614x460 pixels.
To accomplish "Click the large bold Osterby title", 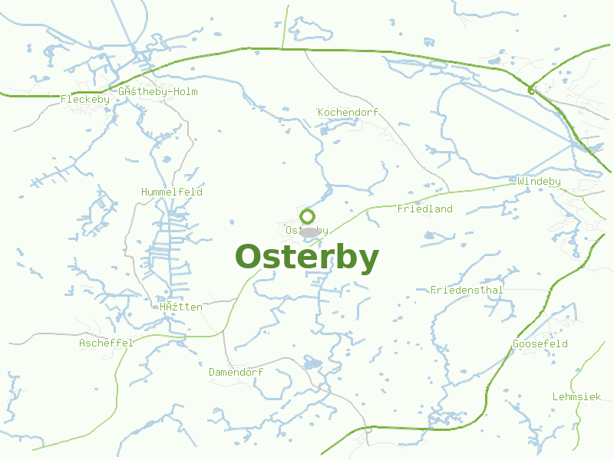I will tap(306, 258).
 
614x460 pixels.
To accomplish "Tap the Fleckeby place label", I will tap(84, 99).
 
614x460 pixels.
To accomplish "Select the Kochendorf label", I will tap(348, 113).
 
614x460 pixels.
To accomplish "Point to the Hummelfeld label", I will tap(171, 192).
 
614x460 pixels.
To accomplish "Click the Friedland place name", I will tap(424, 209).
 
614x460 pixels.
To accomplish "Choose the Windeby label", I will tap(539, 182).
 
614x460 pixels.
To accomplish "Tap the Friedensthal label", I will tap(467, 290).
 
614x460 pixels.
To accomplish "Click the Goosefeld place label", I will tap(540, 343).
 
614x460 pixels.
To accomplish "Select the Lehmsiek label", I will tap(576, 396).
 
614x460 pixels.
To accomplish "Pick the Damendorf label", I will tap(236, 372).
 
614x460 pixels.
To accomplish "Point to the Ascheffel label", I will tap(106, 343).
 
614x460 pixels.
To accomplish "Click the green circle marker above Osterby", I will tap(307, 216).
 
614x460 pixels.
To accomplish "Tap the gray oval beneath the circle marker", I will tap(309, 232).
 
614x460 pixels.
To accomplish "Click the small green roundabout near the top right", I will tap(530, 91).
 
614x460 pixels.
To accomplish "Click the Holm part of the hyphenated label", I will tap(184, 91).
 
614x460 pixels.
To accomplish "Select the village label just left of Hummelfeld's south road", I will tap(181, 307).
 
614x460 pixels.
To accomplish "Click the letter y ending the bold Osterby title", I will tap(368, 261).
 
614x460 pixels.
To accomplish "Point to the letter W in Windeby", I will tap(520, 182).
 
